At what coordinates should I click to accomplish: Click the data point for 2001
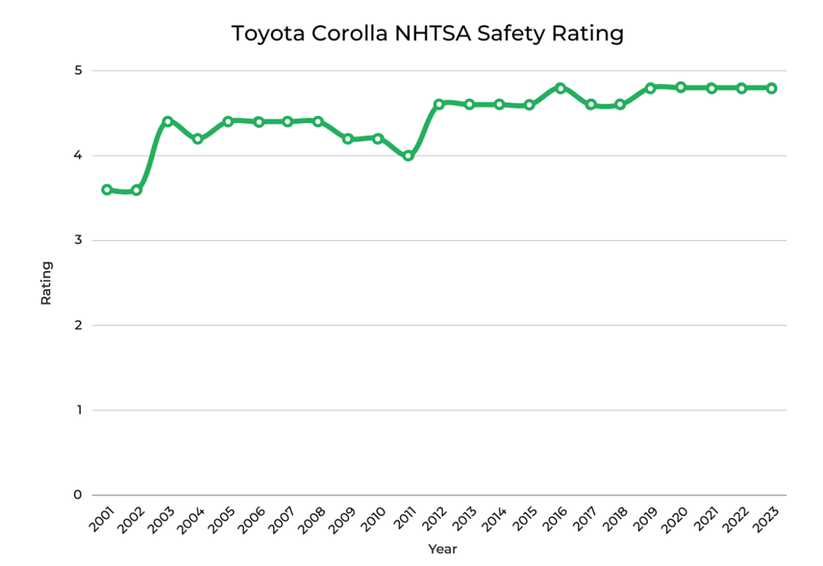point(107,190)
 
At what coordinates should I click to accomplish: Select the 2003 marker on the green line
point(167,122)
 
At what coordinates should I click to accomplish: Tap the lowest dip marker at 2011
point(408,156)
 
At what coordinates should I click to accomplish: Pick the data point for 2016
point(560,88)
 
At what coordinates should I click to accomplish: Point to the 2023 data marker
point(772,88)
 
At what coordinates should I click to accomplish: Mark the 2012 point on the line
point(439,104)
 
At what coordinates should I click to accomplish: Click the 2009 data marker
point(348,139)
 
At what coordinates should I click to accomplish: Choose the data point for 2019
point(650,88)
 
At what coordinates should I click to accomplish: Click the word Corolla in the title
point(349,33)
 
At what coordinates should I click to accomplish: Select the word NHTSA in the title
point(432,33)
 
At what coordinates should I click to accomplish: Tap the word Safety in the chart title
point(511,33)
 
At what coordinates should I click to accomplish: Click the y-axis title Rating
point(47,283)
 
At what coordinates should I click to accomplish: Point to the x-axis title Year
point(443,549)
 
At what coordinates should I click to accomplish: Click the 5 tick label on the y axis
point(78,70)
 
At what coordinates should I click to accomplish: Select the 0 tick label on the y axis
point(78,495)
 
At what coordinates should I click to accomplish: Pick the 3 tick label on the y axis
point(78,240)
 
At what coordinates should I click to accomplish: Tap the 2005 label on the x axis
point(221,520)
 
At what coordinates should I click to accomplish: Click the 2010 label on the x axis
point(372,520)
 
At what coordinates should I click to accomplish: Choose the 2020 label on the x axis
point(674,520)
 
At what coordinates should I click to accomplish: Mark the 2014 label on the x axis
point(493,520)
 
